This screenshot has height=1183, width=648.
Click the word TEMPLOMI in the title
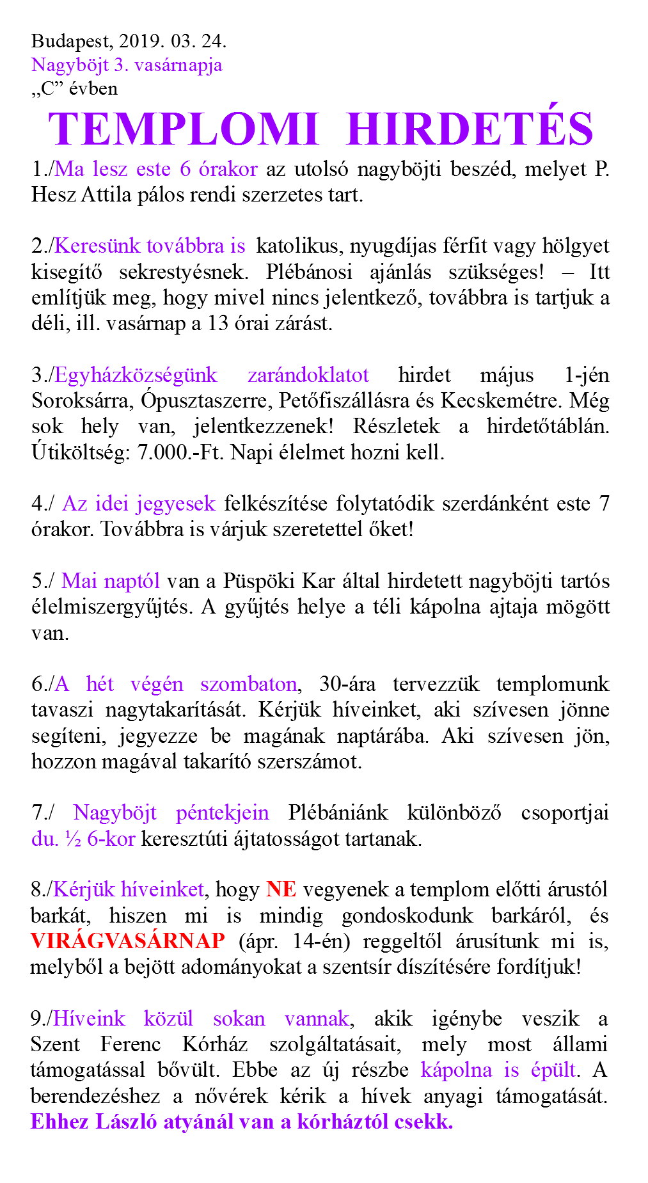click(184, 129)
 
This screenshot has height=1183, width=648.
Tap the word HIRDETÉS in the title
click(471, 129)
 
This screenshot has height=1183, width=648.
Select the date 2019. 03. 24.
click(171, 42)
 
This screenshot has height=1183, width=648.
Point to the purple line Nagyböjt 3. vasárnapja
click(127, 65)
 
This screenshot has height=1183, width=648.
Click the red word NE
click(281, 889)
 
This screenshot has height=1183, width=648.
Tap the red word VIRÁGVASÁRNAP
click(128, 941)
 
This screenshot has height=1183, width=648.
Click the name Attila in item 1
click(108, 195)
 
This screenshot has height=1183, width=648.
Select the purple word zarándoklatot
click(308, 375)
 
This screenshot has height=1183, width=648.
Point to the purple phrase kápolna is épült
click(499, 1070)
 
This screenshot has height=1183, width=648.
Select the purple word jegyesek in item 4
click(176, 504)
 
